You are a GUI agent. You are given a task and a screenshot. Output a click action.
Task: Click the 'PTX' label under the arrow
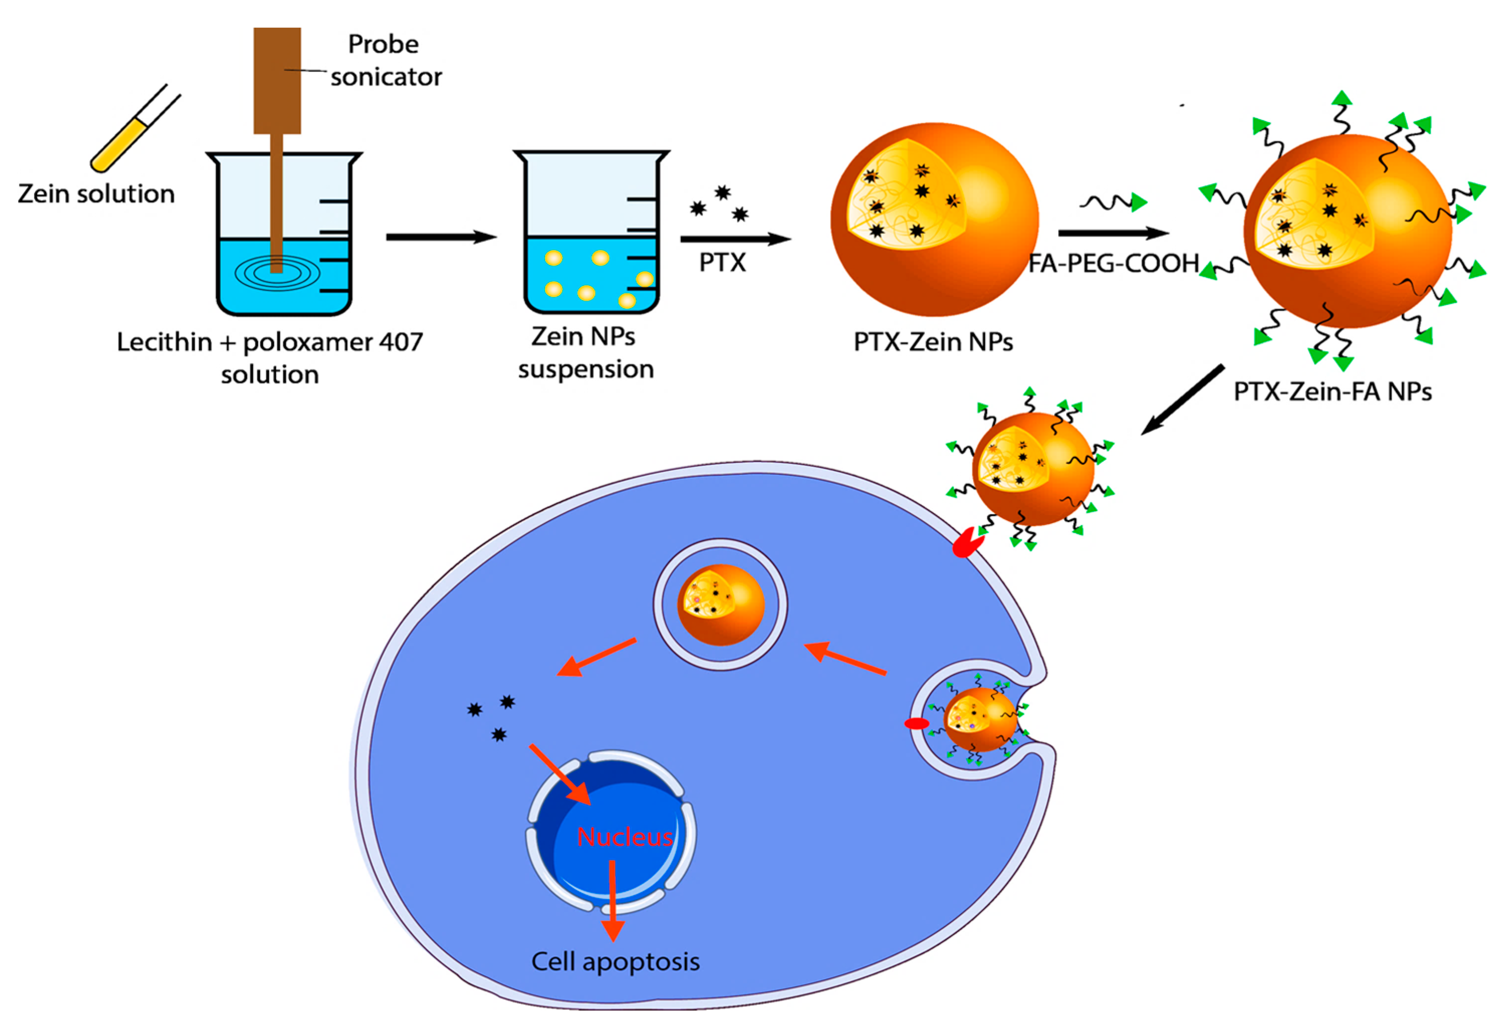pos(722,263)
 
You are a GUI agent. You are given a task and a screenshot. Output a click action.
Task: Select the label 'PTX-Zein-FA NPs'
pos(1332,392)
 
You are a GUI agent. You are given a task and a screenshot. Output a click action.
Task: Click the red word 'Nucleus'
pos(624,837)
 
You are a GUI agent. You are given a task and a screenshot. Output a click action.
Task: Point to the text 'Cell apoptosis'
pos(615,962)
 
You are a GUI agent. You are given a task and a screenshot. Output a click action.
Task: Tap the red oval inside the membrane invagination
pos(916,723)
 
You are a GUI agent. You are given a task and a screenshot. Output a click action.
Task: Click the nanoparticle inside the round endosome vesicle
pos(720,604)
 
